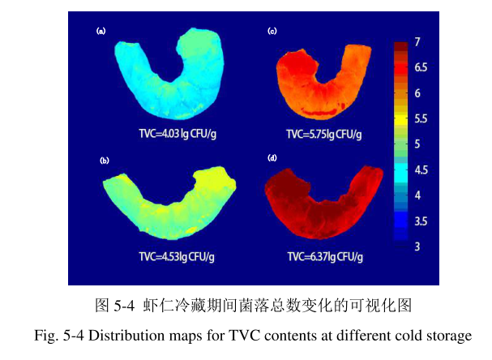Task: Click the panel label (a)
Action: point(101,32)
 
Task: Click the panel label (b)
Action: point(104,161)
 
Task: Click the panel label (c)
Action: point(272,32)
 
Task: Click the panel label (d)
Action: point(272,157)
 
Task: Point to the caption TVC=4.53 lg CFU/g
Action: point(176,256)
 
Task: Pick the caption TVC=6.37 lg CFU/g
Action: point(325,256)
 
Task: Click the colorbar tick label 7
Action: point(417,41)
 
